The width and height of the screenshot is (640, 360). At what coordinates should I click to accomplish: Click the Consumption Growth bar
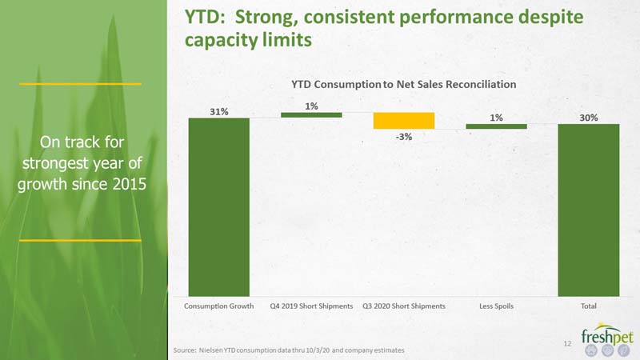pos(218,207)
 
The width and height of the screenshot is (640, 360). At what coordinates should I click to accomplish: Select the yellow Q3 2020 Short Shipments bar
pos(404,121)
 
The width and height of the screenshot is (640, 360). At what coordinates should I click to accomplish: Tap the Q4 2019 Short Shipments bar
pos(311,115)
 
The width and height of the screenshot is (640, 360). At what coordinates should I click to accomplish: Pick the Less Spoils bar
pos(496,126)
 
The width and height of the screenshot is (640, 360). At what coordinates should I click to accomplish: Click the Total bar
pos(589,210)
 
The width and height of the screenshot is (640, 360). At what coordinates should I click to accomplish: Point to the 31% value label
pos(219,111)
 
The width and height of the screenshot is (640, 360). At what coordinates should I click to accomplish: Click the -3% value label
pos(404,137)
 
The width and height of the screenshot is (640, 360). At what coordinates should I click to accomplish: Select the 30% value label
pos(589,118)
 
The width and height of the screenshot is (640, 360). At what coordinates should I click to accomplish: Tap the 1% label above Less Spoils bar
pos(496,118)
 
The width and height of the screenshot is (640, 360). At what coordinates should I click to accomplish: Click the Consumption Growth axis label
pos(218,306)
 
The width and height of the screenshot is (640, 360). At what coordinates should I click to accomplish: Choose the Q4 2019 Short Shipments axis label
pos(311,306)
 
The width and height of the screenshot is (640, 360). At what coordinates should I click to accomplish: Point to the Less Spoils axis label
pos(496,306)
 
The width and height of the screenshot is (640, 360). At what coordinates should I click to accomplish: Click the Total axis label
pos(589,306)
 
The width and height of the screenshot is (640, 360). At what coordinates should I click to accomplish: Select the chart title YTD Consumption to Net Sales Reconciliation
pos(404,84)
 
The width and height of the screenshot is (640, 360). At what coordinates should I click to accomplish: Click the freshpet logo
pos(607,338)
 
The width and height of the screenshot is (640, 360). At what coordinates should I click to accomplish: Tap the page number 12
pos(567,344)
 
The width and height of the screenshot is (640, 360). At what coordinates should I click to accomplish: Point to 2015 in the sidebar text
pos(130,184)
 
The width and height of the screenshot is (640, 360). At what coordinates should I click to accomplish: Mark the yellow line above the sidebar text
pos(81,84)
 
